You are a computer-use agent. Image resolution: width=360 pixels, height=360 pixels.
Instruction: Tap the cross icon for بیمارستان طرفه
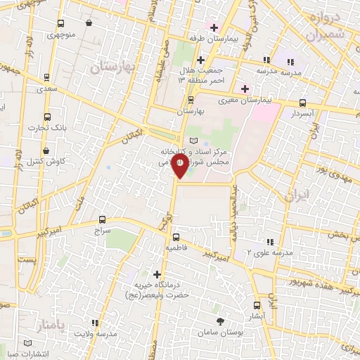pyautogui.click(x=214, y=27)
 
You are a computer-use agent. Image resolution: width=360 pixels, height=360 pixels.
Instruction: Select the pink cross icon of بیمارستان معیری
pyautogui.click(x=245, y=89)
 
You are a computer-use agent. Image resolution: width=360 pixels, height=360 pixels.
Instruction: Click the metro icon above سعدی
pyautogui.click(x=46, y=78)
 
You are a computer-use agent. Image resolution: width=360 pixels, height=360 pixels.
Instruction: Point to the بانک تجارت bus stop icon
pyautogui.click(x=47, y=117)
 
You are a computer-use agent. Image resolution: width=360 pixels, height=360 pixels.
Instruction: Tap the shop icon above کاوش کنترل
pyautogui.click(x=46, y=150)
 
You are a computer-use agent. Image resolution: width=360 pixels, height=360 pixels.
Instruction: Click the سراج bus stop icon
pyautogui.click(x=103, y=219)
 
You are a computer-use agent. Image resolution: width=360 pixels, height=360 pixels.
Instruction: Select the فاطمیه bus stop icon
pyautogui.click(x=176, y=237)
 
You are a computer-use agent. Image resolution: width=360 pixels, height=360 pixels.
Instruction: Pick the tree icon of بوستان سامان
pyautogui.click(x=221, y=321)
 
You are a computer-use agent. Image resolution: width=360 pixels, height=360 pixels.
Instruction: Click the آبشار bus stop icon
pyautogui.click(x=256, y=305)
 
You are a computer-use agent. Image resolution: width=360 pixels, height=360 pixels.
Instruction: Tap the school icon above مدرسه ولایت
pyautogui.click(x=107, y=323)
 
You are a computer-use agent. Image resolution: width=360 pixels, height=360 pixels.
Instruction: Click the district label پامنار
pyautogui.click(x=52, y=324)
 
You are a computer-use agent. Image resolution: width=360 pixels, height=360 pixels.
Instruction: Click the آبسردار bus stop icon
pyautogui.click(x=302, y=102)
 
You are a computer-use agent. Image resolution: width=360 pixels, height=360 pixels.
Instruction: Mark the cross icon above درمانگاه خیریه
pyautogui.click(x=157, y=274)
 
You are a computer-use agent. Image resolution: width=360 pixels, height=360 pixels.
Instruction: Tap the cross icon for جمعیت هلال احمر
pyautogui.click(x=200, y=60)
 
